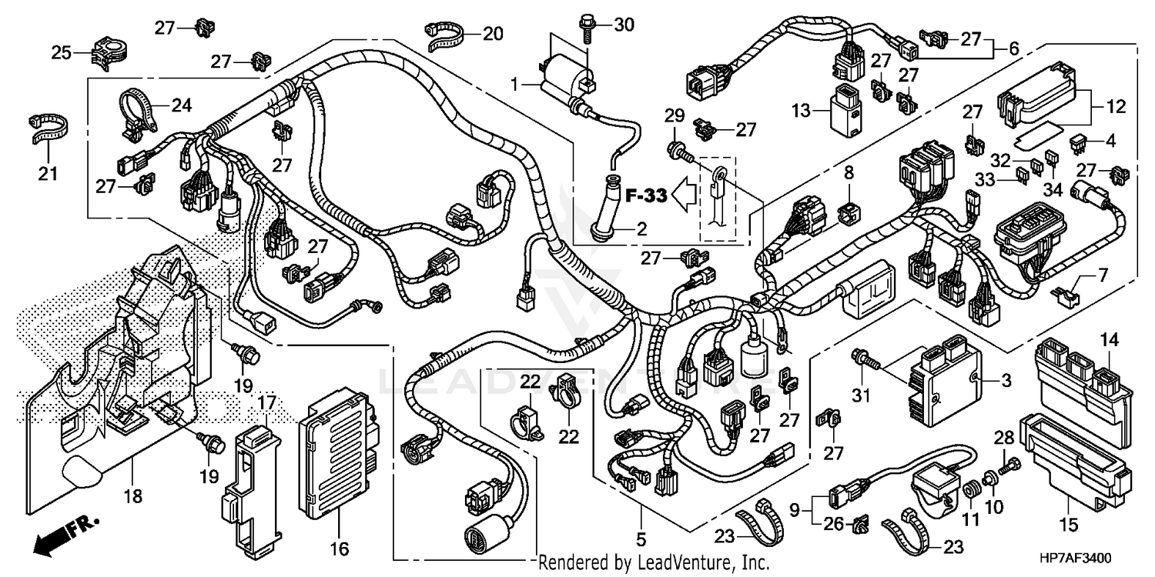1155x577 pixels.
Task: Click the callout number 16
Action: coord(340,549)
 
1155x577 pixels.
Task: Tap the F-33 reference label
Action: coord(644,196)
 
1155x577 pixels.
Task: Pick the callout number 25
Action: coord(62,53)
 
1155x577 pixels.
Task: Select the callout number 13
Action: coord(802,111)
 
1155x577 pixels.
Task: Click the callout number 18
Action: coord(132,496)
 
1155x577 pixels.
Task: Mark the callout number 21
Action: coord(48,175)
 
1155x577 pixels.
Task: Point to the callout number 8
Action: coord(849,174)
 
